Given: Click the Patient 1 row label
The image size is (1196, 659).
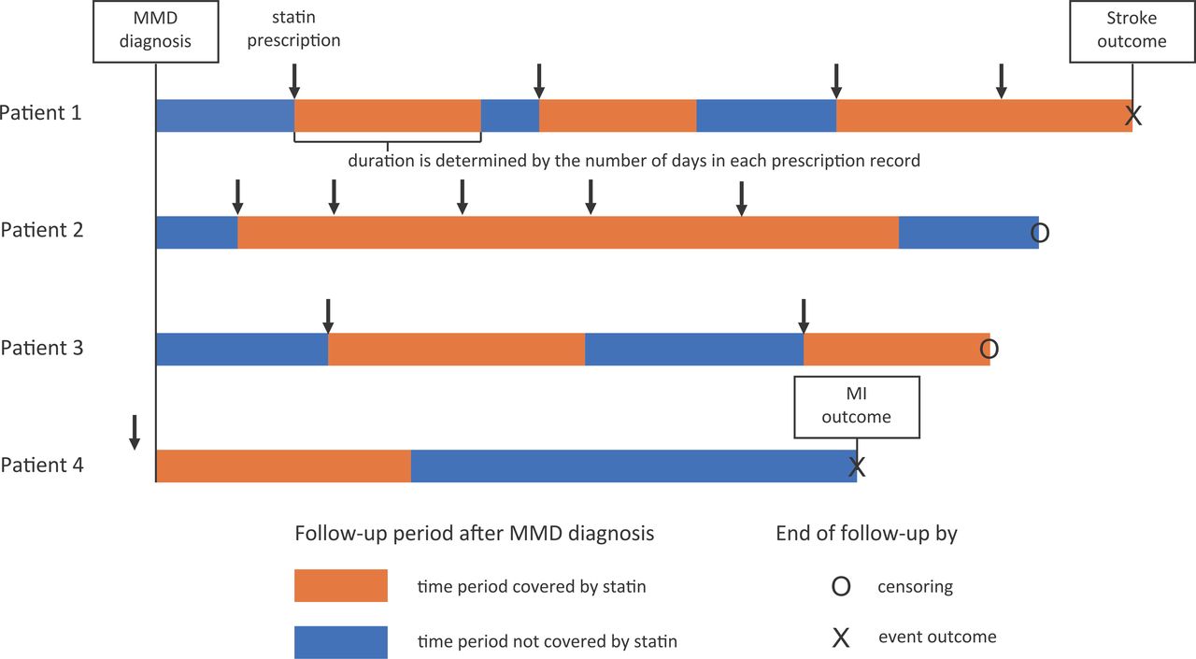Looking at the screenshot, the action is [40, 113].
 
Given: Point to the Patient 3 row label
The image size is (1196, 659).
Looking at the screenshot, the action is [42, 348].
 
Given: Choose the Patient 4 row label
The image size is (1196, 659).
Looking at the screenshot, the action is [42, 465].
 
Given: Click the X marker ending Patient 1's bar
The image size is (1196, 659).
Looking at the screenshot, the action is [1133, 115].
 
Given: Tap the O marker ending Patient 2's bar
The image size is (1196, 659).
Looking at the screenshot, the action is [1040, 233].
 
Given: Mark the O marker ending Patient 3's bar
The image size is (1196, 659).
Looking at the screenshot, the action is [990, 350].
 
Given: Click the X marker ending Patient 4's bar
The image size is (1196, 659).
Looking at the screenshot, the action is [857, 466].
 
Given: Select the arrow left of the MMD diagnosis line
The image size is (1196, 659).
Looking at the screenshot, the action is [135, 433].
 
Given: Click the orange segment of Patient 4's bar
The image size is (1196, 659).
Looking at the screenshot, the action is [283, 466].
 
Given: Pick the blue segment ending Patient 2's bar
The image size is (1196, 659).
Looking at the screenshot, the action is [969, 233].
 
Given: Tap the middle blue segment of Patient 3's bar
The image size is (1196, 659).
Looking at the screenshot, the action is [694, 350].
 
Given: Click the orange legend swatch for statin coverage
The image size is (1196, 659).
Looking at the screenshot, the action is [341, 585].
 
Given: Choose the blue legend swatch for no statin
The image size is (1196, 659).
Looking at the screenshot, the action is [341, 642].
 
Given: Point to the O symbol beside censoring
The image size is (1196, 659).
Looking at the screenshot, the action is [841, 587].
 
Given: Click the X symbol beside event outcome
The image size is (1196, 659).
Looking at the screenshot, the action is [841, 638].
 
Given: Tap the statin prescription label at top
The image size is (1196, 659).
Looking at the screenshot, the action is [293, 29].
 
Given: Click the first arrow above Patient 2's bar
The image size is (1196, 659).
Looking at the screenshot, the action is [238, 197].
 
